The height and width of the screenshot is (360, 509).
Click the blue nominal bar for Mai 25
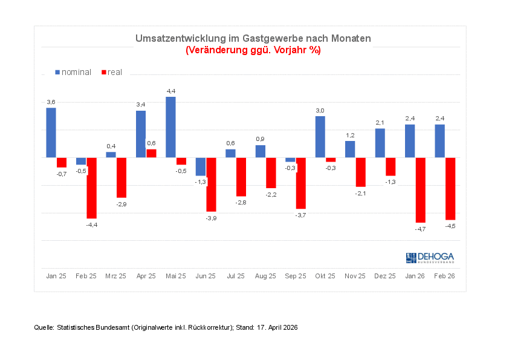pyautogui.click(x=170, y=127)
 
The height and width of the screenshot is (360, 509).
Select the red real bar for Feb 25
pyautogui.click(x=91, y=188)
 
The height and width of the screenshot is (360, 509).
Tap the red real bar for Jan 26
pyautogui.click(x=420, y=190)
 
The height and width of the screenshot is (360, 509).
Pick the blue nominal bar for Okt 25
pyautogui.click(x=320, y=137)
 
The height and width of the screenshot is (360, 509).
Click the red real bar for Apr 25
pyautogui.click(x=151, y=153)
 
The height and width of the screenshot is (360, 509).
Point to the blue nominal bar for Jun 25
pyautogui.click(x=201, y=166)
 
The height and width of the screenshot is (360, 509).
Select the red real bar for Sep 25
pyautogui.click(x=300, y=183)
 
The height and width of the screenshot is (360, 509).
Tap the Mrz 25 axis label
pyautogui.click(x=115, y=276)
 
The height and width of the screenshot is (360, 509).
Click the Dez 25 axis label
pyautogui.click(x=384, y=276)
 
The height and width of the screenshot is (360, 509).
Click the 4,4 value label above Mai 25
pyautogui.click(x=171, y=91)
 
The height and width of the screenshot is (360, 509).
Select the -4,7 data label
pyautogui.click(x=420, y=229)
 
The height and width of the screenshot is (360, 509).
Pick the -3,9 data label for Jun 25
pyautogui.click(x=211, y=218)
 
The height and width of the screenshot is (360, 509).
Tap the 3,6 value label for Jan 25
pyautogui.click(x=51, y=102)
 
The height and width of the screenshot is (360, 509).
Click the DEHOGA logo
pyautogui.click(x=430, y=258)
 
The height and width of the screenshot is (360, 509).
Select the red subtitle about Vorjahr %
pyautogui.click(x=253, y=50)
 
